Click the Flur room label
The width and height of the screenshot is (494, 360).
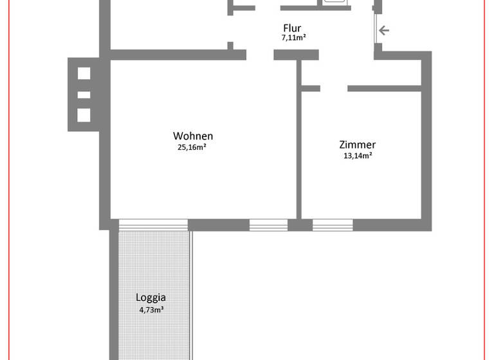[292, 28]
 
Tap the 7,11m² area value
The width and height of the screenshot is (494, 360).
[293, 38]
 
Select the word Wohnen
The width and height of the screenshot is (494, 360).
[193, 136]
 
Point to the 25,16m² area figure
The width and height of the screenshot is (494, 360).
[192, 147]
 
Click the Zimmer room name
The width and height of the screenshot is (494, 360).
[358, 145]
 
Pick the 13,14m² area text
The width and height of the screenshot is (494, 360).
[358, 156]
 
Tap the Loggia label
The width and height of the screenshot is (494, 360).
[151, 298]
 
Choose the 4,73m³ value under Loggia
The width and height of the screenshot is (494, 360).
[151, 309]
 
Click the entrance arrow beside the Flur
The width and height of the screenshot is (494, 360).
[384, 30]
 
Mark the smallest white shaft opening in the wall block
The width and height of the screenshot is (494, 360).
[84, 95]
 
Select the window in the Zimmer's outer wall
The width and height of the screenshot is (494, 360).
[333, 225]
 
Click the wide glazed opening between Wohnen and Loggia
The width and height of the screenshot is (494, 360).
[153, 225]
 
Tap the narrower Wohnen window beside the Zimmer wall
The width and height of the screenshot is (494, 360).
[268, 225]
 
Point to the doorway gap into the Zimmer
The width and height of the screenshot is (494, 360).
[334, 87]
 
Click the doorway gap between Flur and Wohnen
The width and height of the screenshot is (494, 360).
[260, 55]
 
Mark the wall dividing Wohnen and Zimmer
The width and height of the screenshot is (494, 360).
[298, 154]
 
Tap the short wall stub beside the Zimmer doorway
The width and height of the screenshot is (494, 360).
[310, 87]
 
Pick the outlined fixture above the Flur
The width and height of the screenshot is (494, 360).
[335, 2]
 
